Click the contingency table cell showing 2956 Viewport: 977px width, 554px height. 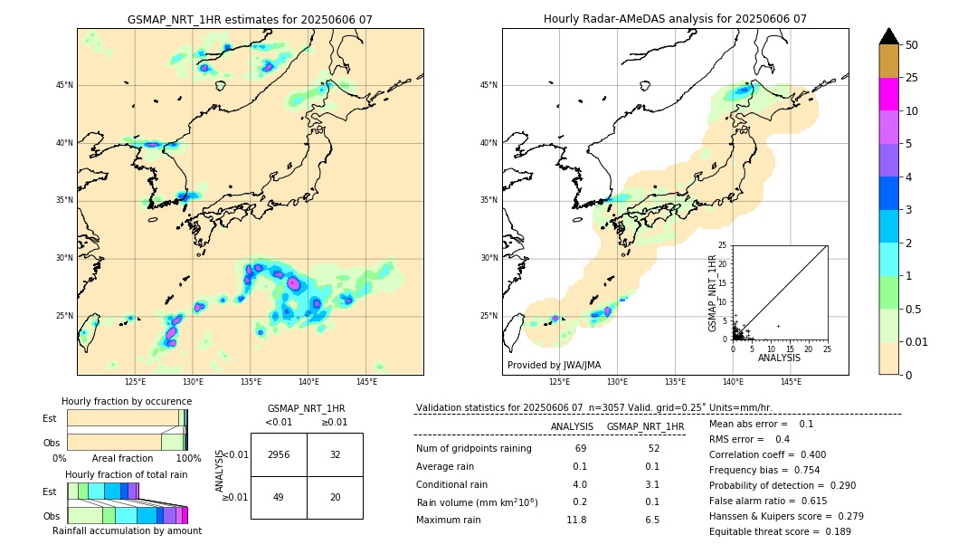(x=279, y=454)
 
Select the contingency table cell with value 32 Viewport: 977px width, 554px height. (x=335, y=454)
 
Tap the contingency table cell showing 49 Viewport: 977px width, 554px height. (x=279, y=497)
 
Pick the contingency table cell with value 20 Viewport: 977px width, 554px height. (x=335, y=497)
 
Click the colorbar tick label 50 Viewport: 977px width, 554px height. (x=912, y=45)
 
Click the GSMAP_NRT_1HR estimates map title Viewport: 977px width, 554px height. (x=250, y=20)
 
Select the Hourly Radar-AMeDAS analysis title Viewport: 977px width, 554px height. (x=675, y=19)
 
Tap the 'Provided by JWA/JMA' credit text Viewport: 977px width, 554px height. (x=554, y=366)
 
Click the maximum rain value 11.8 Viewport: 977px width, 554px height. (x=576, y=521)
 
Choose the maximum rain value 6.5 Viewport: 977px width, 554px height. (x=651, y=521)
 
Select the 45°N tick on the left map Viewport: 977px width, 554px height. (x=64, y=85)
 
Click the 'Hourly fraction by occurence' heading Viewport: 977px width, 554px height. (x=127, y=402)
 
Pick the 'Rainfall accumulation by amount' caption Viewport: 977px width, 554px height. (x=127, y=530)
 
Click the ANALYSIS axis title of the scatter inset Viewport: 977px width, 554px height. (x=780, y=358)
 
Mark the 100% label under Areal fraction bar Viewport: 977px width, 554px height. (x=188, y=459)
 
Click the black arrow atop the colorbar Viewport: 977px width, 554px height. (x=889, y=36)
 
